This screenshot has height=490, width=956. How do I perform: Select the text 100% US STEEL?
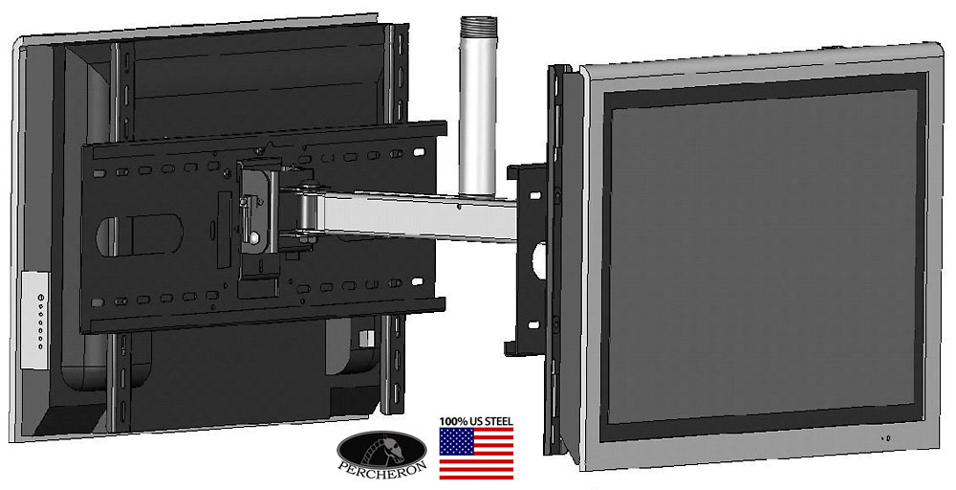click(x=476, y=421)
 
